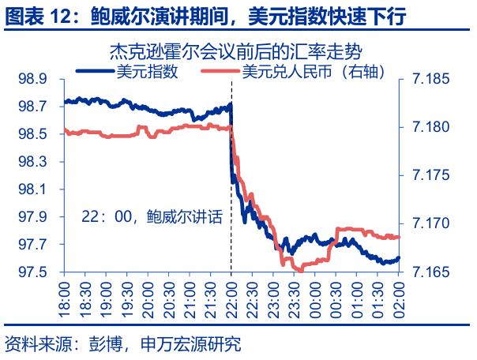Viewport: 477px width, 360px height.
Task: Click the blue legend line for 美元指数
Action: [94, 71]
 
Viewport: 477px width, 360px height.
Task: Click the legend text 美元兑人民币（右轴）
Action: [312, 72]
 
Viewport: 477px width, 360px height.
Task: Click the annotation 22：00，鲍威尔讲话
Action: [152, 216]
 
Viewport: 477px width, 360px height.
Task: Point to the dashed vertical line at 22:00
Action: [231, 237]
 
